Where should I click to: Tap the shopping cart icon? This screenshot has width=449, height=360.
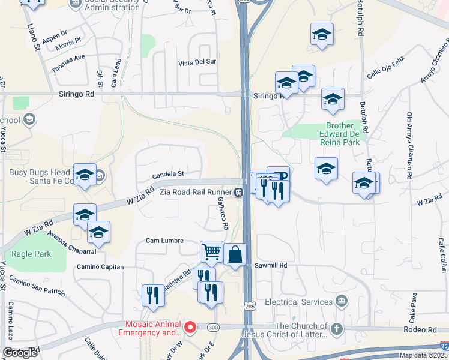click(x=211, y=252)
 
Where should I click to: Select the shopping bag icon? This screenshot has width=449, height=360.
click(x=235, y=254)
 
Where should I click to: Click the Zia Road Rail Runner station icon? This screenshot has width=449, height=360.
click(x=239, y=193)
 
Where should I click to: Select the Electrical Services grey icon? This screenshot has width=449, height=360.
click(x=342, y=301)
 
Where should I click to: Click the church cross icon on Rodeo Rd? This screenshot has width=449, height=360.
click(x=337, y=328)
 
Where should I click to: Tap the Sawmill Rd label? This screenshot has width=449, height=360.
click(x=271, y=265)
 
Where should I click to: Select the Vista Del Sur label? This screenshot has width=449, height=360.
click(x=197, y=62)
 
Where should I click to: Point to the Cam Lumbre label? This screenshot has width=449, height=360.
click(x=164, y=241)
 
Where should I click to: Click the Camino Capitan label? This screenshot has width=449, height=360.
click(x=100, y=266)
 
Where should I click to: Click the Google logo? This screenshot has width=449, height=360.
click(x=20, y=353)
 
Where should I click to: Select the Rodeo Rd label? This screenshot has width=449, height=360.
click(x=423, y=330)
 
